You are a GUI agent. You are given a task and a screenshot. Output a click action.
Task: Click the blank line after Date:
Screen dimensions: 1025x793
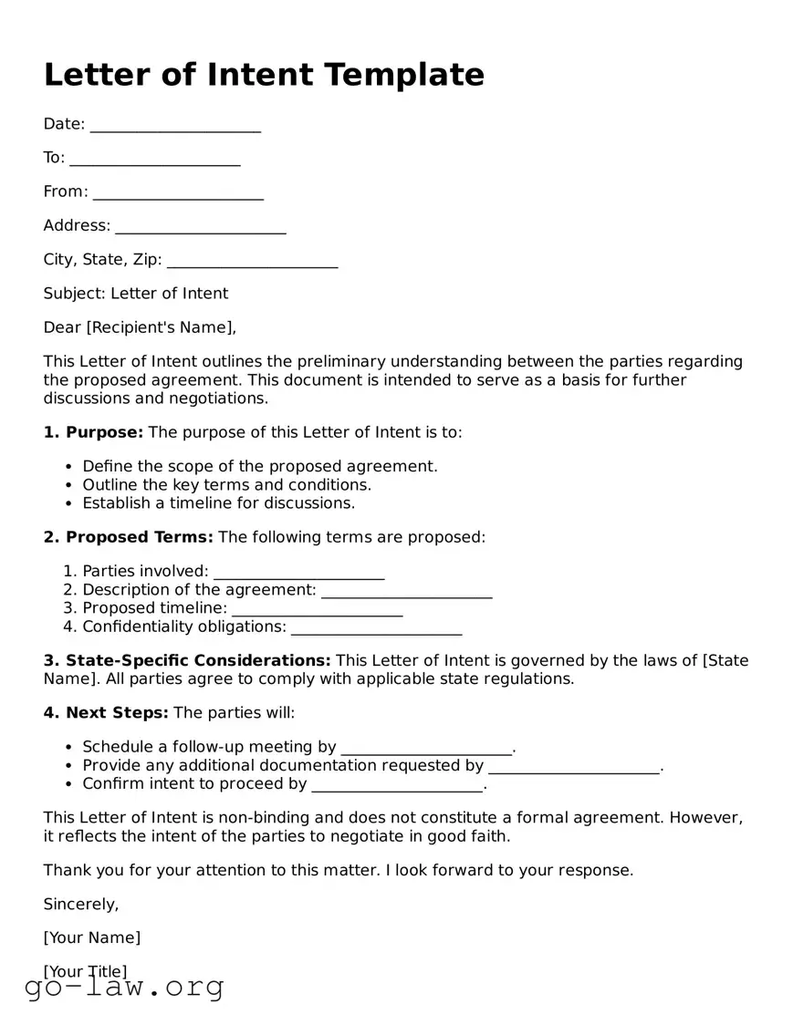[x=175, y=125]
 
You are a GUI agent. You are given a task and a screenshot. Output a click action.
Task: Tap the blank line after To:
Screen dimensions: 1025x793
[x=155, y=159]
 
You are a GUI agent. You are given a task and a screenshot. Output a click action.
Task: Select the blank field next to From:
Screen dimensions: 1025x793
[x=178, y=192]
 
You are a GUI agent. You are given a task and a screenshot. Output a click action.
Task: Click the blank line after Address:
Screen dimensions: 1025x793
[x=201, y=226]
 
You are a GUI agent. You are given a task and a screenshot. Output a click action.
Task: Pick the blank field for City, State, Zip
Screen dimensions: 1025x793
[x=253, y=261]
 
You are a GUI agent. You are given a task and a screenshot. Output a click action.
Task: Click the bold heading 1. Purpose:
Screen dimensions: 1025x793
[x=93, y=432]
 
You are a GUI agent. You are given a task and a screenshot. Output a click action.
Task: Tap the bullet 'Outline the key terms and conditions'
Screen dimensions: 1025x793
[x=226, y=485]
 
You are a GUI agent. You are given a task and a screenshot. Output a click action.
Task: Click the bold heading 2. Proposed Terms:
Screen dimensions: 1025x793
[x=128, y=537]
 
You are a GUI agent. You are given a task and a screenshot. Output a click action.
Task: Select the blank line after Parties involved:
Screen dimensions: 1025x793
[x=298, y=573]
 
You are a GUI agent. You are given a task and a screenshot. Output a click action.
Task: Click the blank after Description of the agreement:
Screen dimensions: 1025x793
[x=407, y=591]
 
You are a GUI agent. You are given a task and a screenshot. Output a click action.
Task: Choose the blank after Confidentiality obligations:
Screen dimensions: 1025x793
[x=376, y=627]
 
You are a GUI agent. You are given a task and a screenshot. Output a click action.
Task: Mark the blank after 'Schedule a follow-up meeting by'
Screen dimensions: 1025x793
[x=426, y=748]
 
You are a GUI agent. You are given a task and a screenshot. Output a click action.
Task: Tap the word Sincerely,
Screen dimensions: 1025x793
[x=81, y=905]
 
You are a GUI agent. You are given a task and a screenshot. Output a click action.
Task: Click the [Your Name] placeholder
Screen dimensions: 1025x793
[x=92, y=938]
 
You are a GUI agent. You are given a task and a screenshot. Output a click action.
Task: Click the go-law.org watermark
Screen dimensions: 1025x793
[x=125, y=988]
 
